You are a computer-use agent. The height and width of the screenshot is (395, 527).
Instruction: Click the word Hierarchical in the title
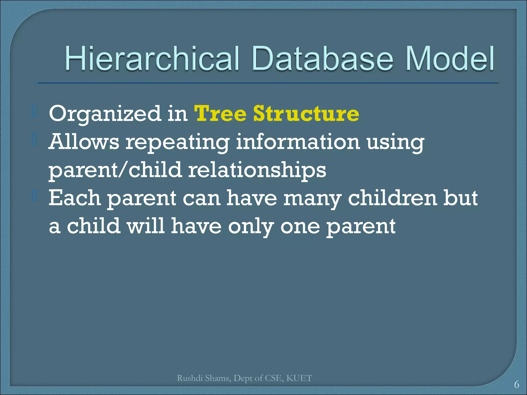click(x=152, y=59)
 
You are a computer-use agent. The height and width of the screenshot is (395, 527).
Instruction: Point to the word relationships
click(x=257, y=170)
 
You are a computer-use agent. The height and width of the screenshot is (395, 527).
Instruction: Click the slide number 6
click(x=516, y=385)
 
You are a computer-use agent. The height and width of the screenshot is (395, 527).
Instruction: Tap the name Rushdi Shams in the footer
click(x=204, y=378)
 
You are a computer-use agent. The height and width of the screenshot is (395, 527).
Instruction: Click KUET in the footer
click(x=299, y=378)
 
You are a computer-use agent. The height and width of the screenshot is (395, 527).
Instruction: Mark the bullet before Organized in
click(x=35, y=111)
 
